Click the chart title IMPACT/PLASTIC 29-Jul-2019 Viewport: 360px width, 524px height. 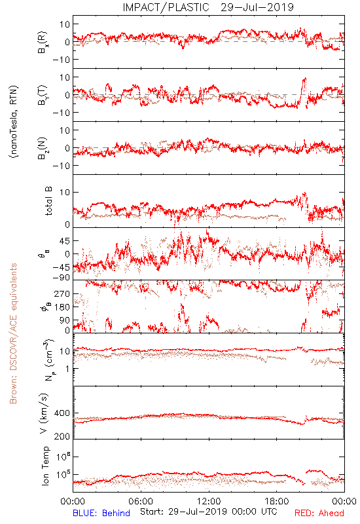click(208, 7)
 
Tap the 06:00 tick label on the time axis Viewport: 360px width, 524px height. click(141, 501)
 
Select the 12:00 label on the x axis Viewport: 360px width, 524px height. click(209, 501)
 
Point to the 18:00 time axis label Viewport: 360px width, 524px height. click(277, 501)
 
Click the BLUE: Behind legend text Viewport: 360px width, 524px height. click(101, 513)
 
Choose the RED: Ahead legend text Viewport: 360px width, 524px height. click(319, 513)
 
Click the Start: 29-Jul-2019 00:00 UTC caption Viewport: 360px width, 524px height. click(208, 512)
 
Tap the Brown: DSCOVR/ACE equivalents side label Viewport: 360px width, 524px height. click(13, 333)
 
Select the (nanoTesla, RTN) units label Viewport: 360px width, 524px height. click(14, 121)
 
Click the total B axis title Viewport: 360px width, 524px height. click(48, 201)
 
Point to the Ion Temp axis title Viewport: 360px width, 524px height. click(45, 466)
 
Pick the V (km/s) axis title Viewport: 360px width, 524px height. click(44, 413)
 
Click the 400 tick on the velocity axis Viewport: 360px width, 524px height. click(62, 413)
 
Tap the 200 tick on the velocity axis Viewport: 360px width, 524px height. click(62, 436)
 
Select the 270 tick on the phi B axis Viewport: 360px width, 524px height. click(62, 293)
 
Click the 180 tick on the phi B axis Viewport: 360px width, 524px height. click(62, 307)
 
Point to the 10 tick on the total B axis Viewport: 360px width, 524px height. click(65, 192)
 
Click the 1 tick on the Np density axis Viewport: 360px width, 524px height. click(67, 369)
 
